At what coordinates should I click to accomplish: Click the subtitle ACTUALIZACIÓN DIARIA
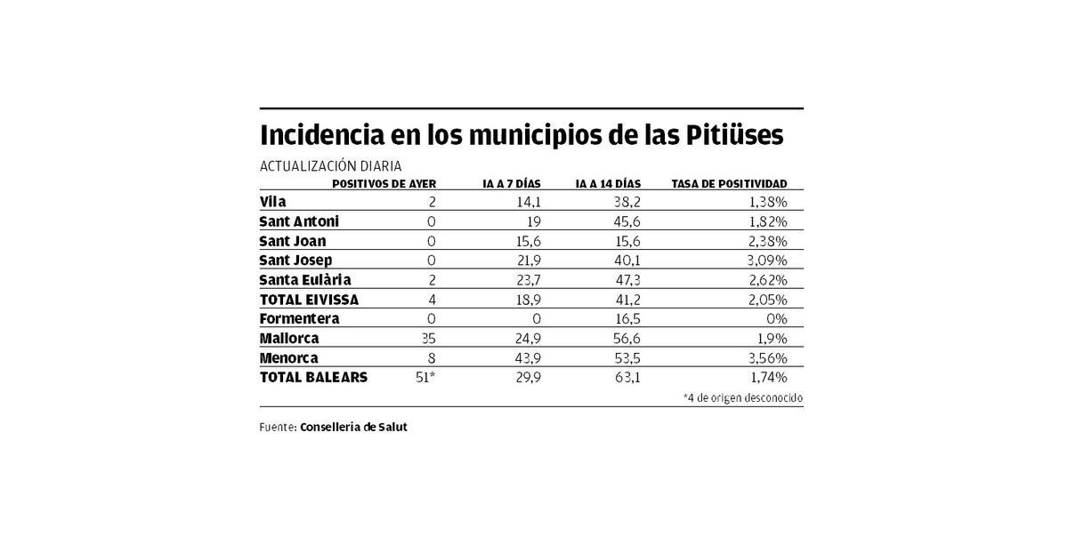(330, 166)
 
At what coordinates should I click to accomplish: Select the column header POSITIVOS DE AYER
(384, 184)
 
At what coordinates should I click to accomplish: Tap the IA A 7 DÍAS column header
(512, 184)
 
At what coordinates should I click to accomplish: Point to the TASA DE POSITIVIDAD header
(729, 184)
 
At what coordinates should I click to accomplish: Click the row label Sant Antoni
(299, 221)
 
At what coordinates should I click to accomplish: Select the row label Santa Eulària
(305, 280)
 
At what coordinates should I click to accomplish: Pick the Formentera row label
(299, 319)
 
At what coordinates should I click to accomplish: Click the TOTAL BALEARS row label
(313, 377)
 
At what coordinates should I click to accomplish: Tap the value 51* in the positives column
(425, 377)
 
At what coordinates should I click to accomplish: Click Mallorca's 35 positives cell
(427, 339)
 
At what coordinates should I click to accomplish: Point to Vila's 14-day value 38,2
(627, 203)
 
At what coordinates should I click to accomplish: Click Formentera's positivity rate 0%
(776, 319)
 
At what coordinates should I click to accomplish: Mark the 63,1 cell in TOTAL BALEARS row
(627, 377)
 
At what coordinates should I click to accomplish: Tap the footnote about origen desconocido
(742, 398)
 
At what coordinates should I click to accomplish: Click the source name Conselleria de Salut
(353, 427)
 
